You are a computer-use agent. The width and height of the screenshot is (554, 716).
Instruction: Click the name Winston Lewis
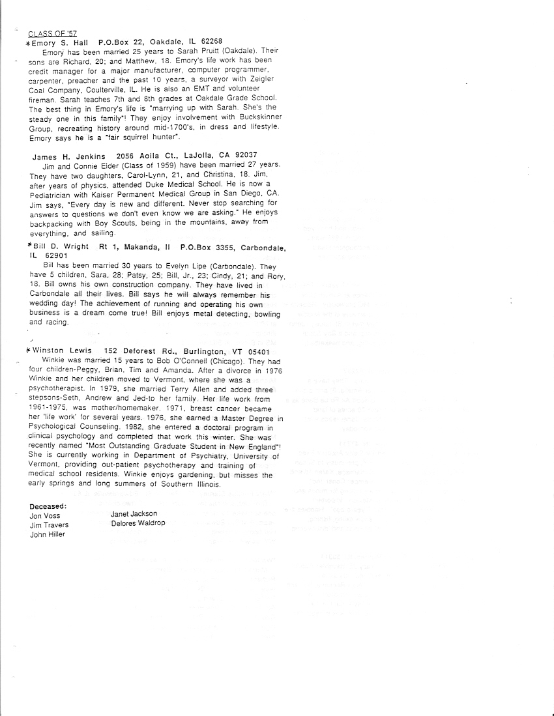tap(66, 351)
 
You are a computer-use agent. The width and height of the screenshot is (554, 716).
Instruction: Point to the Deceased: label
tap(48, 506)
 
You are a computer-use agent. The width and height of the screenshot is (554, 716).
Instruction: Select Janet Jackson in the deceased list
tap(134, 514)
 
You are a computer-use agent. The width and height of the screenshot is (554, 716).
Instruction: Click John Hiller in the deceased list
tap(48, 534)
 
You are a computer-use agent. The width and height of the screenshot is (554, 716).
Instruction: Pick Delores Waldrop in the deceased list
tap(138, 523)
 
